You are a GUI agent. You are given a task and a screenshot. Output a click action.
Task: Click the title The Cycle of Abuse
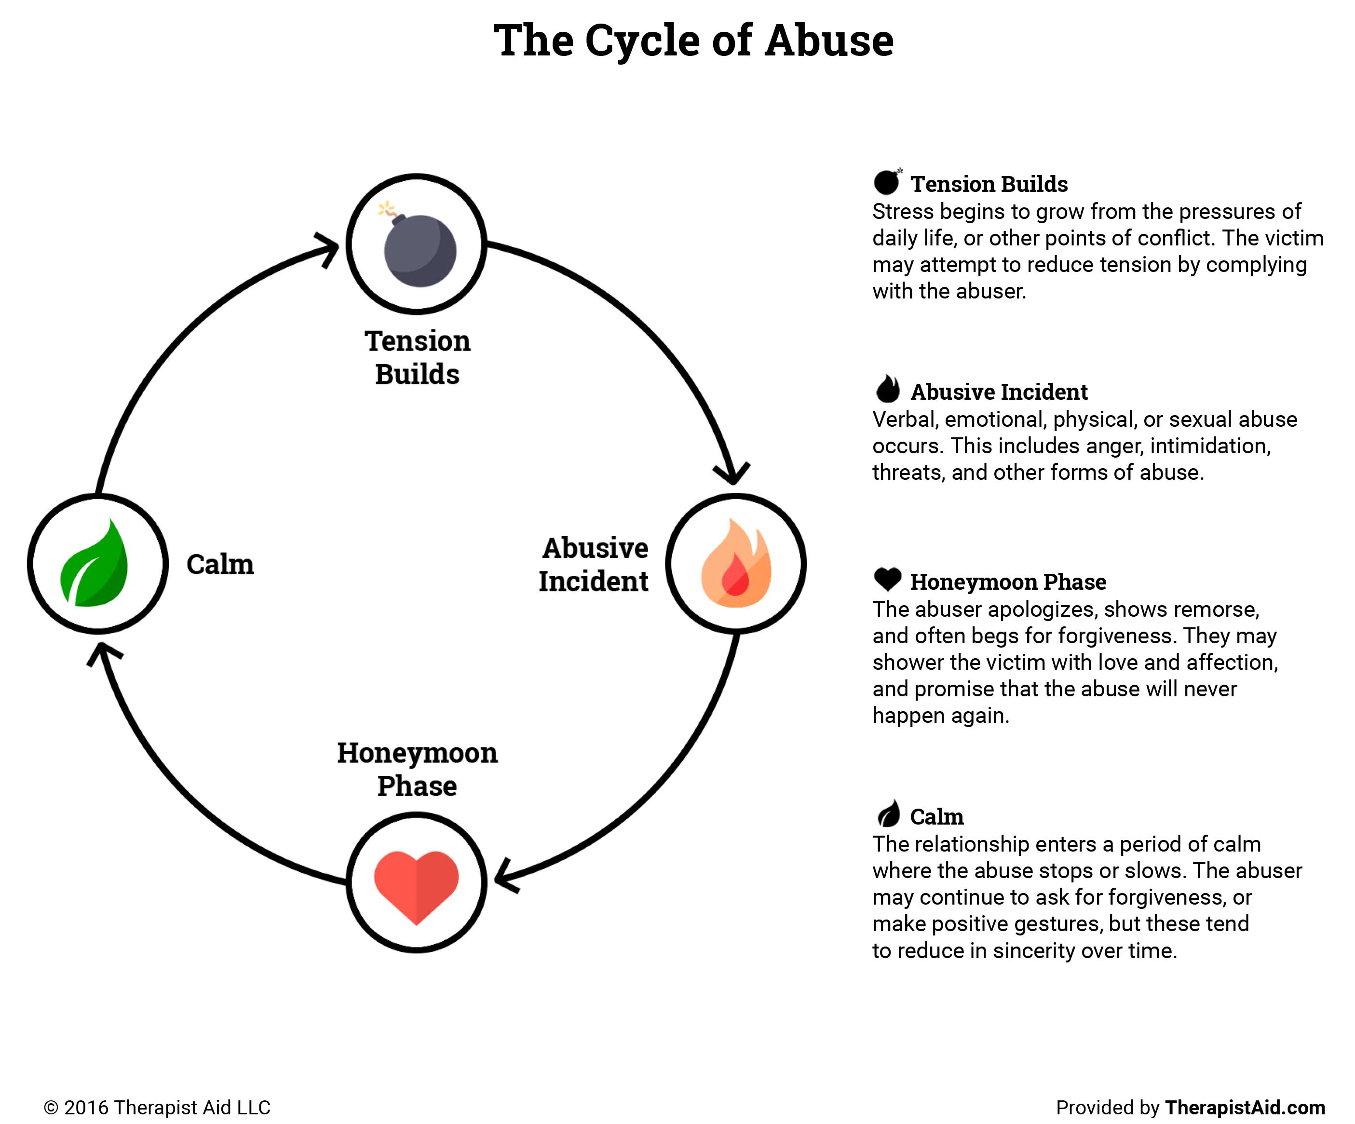pyautogui.click(x=693, y=41)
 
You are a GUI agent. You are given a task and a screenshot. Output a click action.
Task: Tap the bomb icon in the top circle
pyautogui.click(x=419, y=248)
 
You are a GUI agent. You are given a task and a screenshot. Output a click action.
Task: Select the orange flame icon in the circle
pyautogui.click(x=735, y=565)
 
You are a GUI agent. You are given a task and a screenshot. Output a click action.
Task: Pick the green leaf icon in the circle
pyautogui.click(x=95, y=565)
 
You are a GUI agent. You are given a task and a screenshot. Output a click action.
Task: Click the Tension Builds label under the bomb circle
pyautogui.click(x=418, y=357)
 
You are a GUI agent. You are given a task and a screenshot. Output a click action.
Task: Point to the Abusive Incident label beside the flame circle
pyautogui.click(x=594, y=565)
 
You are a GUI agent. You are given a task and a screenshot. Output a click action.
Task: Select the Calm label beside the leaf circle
pyautogui.click(x=220, y=565)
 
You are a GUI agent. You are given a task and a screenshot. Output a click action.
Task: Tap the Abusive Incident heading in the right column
pyautogui.click(x=998, y=392)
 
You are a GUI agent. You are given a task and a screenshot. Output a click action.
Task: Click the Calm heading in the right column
pyautogui.click(x=936, y=817)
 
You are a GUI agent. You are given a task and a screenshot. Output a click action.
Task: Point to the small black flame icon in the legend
pyautogui.click(x=888, y=389)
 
